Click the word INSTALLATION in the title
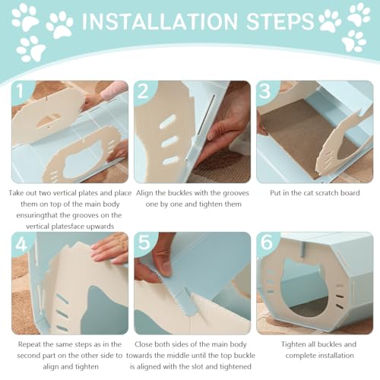click(160, 21)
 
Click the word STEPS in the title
click(280, 21)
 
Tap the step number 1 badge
click(21, 90)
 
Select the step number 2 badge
click(143, 90)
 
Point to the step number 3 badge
click(265, 90)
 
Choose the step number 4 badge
click(21, 244)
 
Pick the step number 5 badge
click(144, 242)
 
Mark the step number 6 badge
click(267, 242)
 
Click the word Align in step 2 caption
click(144, 193)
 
